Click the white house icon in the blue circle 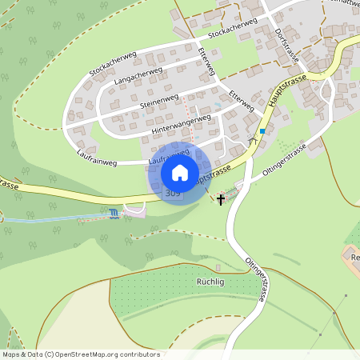click(180, 173)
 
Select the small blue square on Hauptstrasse click(262, 130)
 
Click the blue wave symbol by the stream click(114, 213)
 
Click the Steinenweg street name click(158, 101)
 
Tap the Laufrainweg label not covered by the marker click(97, 162)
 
